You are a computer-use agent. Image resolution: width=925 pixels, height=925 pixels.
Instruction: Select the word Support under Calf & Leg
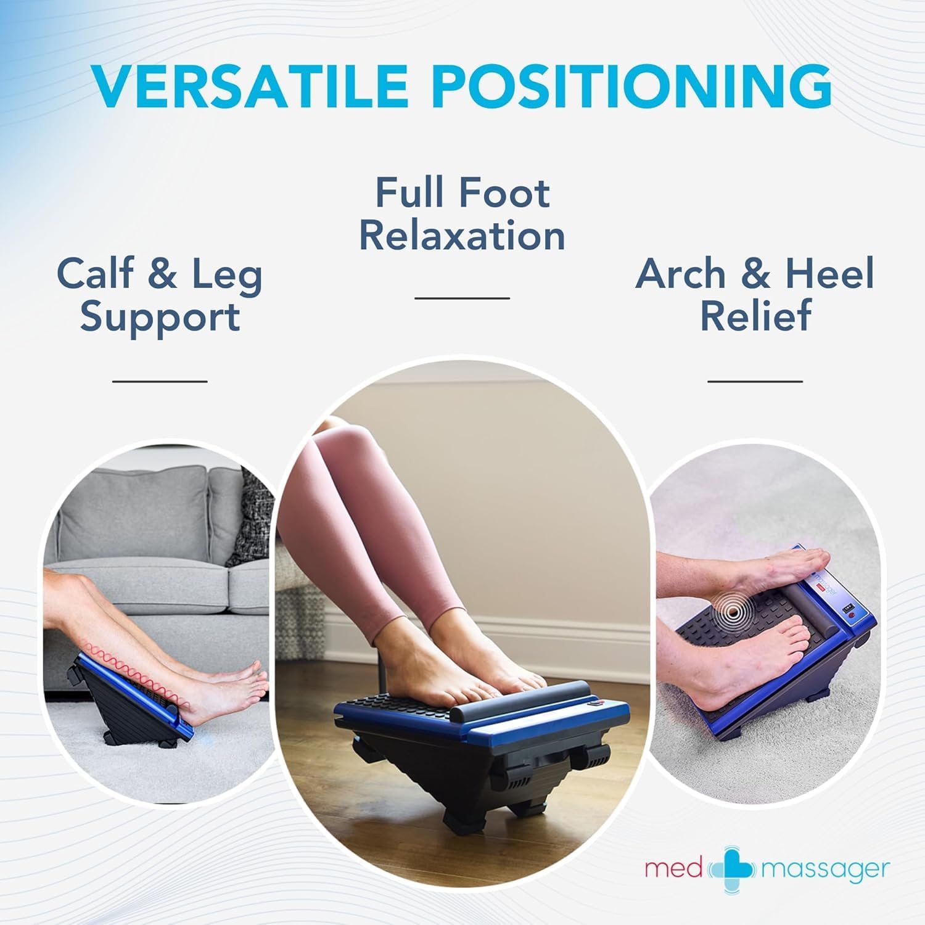[x=160, y=318]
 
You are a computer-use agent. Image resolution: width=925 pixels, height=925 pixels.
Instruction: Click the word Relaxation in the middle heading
[x=462, y=236]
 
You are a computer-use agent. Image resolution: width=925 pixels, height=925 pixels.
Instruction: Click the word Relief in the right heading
[x=755, y=315]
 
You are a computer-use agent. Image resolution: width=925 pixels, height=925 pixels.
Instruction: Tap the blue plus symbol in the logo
[x=733, y=869]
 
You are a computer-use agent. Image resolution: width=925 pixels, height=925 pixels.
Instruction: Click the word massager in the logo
[x=826, y=870]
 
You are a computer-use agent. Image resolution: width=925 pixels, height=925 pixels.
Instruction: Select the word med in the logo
[x=673, y=869]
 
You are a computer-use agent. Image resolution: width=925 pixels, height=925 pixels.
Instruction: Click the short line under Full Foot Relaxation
[x=462, y=298]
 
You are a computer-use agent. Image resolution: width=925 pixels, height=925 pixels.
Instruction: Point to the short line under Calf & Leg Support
[x=160, y=381]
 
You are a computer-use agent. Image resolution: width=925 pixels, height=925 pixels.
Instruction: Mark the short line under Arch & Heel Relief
[x=755, y=381]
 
